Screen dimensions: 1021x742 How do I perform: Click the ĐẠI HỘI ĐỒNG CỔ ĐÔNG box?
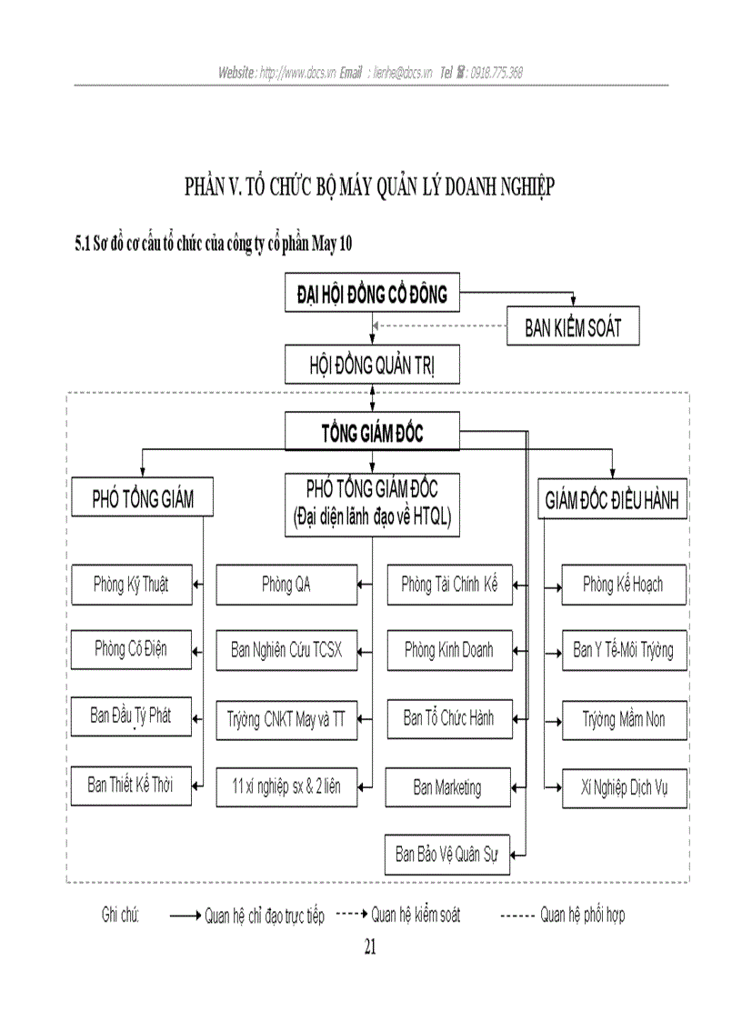coord(373,295)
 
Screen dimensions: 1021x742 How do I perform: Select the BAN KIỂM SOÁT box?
coord(573,327)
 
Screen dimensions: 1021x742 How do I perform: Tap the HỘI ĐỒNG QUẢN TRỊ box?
coord(373,365)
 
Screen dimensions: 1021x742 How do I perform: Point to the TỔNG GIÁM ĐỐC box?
coord(373,433)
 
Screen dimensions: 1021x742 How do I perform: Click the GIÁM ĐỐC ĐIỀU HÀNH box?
coord(611,500)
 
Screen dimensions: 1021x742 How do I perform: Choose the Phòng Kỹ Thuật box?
coord(132,584)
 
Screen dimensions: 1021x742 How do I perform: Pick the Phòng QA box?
coord(286,584)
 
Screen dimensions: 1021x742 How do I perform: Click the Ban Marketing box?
coord(447,786)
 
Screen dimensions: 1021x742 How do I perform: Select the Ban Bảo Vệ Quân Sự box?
coord(447,854)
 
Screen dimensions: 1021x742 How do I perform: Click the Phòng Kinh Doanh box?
coord(449,650)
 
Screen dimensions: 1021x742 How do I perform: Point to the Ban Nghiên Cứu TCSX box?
coord(286,650)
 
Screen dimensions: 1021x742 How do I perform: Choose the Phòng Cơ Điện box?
coord(132,650)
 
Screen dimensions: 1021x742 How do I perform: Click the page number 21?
coord(370,946)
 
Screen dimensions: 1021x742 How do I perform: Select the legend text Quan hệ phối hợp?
coord(582,915)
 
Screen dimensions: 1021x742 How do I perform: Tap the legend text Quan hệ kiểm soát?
coord(416,915)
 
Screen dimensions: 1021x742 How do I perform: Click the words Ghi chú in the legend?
coord(120,915)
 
